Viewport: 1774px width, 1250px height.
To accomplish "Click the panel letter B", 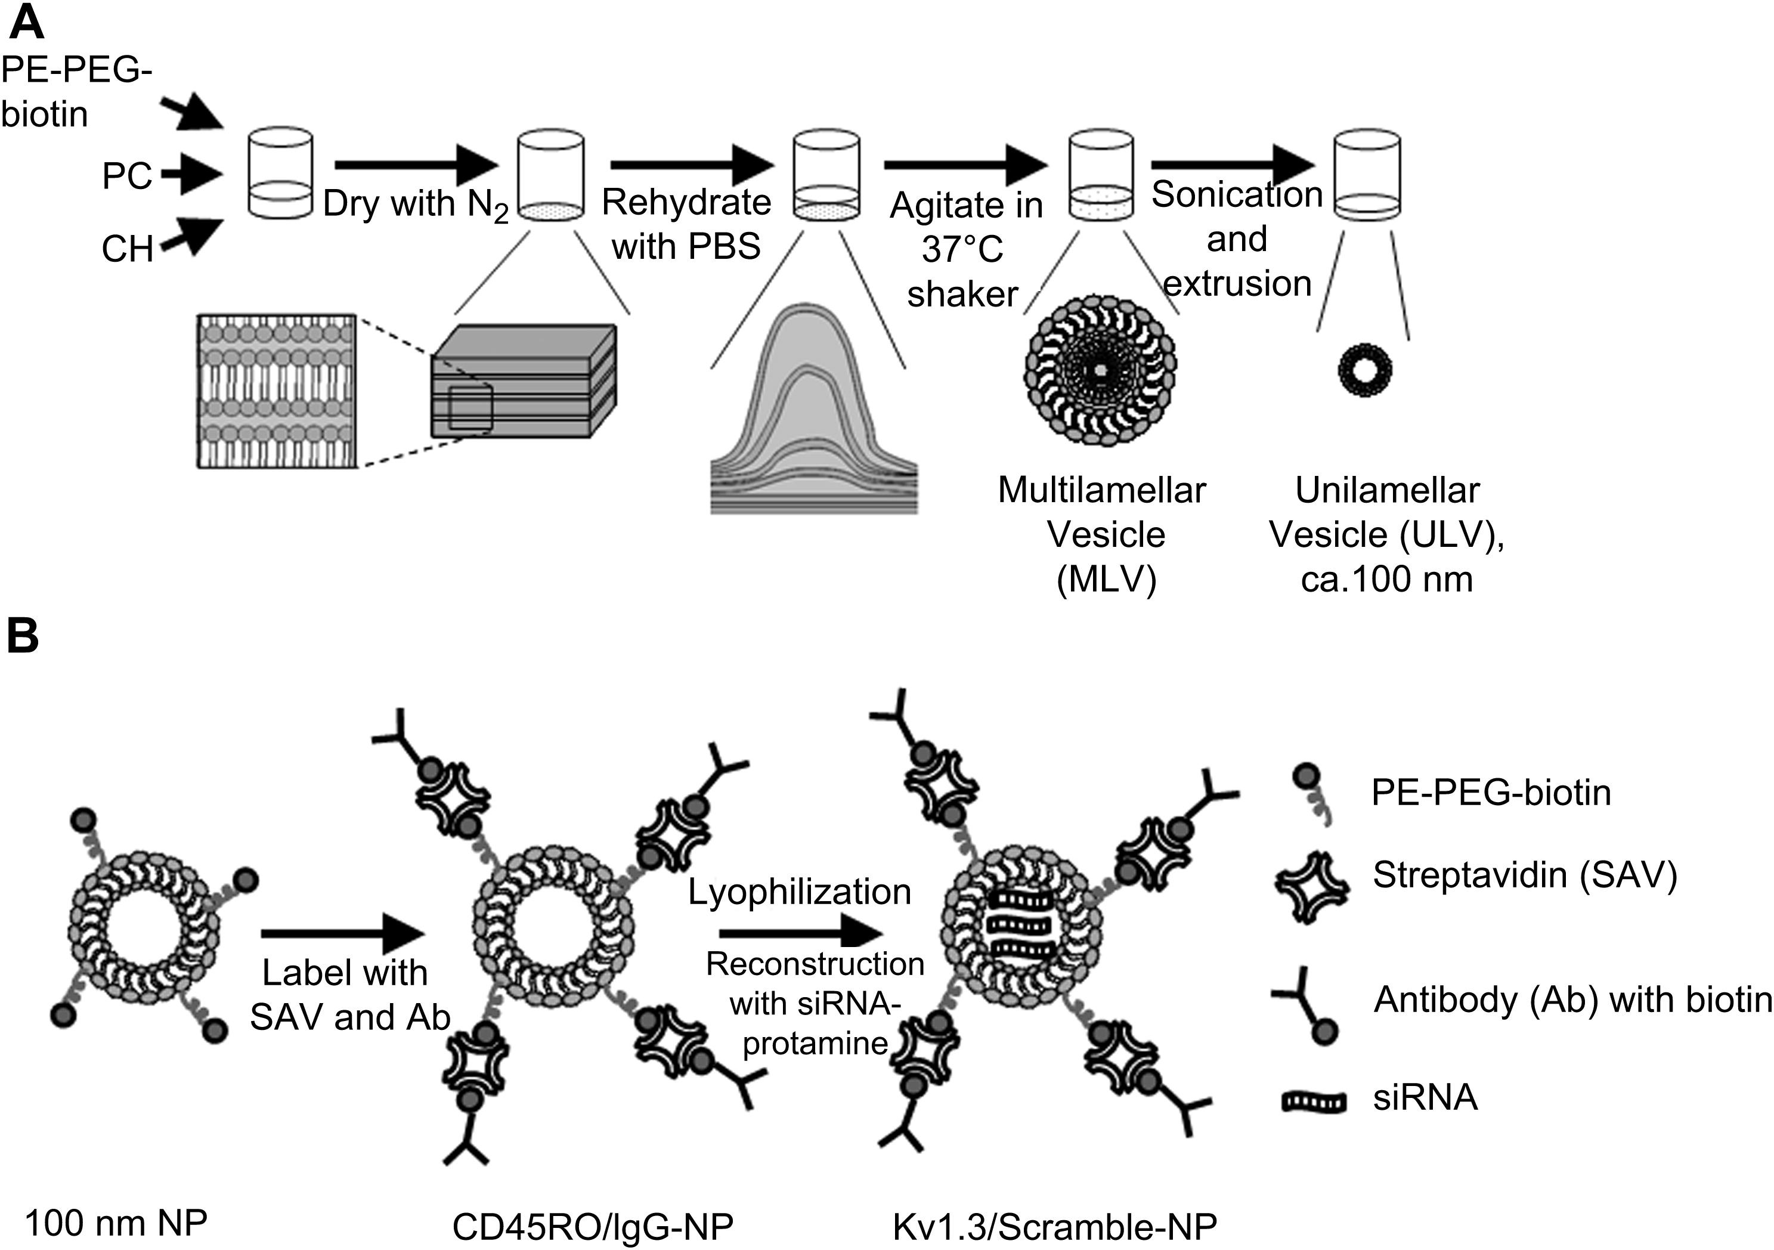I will pos(23,638).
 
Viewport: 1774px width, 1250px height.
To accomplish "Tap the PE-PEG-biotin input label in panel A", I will pos(76,92).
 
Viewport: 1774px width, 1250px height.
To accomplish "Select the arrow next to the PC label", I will pos(191,175).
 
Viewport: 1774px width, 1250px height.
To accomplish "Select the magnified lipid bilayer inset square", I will pos(276,390).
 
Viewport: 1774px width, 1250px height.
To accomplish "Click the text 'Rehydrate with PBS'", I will pos(686,224).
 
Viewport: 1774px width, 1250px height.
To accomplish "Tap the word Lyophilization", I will pos(800,892).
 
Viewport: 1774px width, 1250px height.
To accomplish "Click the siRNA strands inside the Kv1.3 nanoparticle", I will pos(1022,923).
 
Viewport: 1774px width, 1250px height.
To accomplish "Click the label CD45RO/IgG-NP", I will pos(593,1226).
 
